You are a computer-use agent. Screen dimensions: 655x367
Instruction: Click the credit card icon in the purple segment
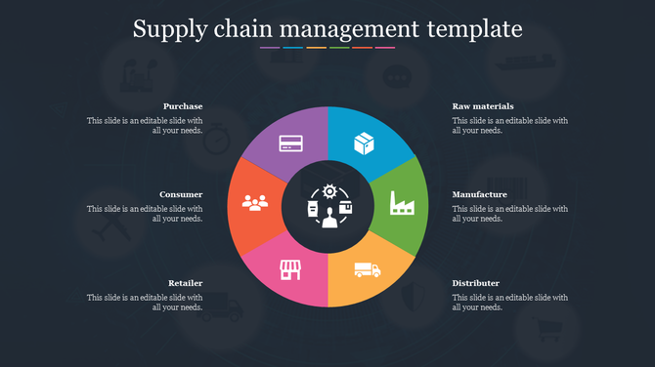click(289, 144)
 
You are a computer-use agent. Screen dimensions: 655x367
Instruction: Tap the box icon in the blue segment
click(365, 143)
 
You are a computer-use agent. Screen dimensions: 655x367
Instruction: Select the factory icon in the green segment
click(401, 202)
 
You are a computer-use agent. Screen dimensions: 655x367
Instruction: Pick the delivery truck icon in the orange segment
click(367, 268)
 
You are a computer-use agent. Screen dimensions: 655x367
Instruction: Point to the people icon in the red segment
click(254, 203)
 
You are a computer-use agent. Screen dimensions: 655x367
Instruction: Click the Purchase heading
click(183, 105)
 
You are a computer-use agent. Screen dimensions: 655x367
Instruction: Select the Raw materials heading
click(483, 105)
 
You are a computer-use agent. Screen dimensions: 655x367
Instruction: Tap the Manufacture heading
click(479, 194)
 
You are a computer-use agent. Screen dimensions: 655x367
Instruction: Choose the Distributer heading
click(475, 283)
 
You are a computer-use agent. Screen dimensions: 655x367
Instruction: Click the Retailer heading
click(185, 283)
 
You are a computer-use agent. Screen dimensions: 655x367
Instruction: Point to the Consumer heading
click(181, 194)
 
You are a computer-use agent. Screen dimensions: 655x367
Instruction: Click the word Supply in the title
click(168, 29)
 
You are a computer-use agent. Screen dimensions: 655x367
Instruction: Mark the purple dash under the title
click(270, 47)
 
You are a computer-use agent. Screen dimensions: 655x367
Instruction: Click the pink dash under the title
click(385, 47)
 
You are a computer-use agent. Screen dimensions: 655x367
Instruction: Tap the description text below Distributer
click(509, 302)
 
